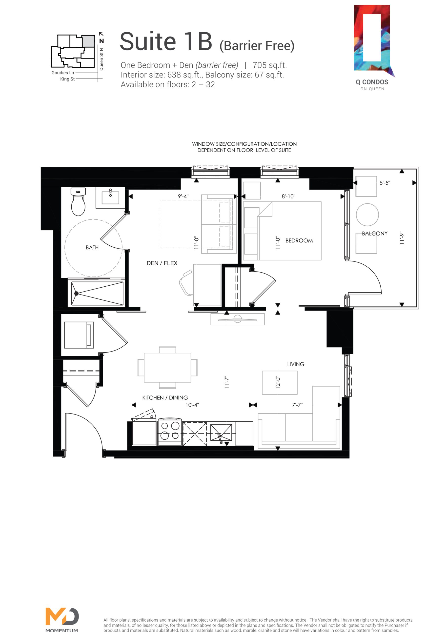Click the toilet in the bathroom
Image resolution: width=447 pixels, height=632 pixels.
coord(78,201)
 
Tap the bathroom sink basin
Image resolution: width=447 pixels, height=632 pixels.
coord(110,198)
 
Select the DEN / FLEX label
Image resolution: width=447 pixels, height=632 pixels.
coord(162,263)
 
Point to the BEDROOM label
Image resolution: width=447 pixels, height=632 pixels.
coord(299,240)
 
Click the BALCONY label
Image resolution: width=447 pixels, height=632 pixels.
coord(375,234)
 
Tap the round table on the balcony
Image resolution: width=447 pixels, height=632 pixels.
coord(367,215)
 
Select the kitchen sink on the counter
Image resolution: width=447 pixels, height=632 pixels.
coord(221,433)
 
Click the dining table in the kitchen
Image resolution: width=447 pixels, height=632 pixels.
coord(167,368)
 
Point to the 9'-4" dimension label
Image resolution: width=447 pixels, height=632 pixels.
coord(183,196)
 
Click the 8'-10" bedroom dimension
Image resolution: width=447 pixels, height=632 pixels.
coord(288,196)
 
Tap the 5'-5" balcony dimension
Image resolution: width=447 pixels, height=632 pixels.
coord(385,183)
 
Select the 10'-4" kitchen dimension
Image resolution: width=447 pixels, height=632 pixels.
coord(192,405)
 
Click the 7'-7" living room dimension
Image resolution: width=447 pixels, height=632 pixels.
coord(297,405)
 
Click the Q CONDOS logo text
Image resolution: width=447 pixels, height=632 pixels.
coord(372,82)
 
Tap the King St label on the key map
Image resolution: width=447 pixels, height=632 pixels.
coord(67,79)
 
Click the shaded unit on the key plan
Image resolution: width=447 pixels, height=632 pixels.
coord(88,41)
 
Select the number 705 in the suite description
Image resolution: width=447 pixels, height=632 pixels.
coord(260,65)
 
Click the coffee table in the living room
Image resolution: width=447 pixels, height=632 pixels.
coord(280,383)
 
